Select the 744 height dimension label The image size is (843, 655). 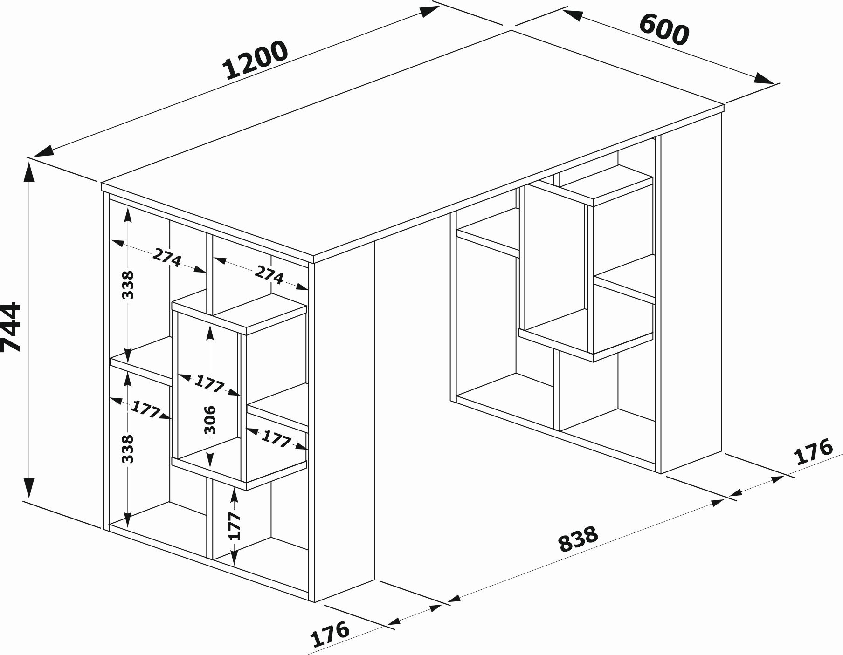[11, 327]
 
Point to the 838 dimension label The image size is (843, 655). [578, 539]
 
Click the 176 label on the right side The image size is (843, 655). [813, 451]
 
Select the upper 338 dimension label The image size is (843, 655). [127, 285]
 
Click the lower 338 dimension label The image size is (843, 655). [127, 449]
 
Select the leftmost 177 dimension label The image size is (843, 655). [145, 409]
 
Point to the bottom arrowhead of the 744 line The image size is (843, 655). [29, 488]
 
